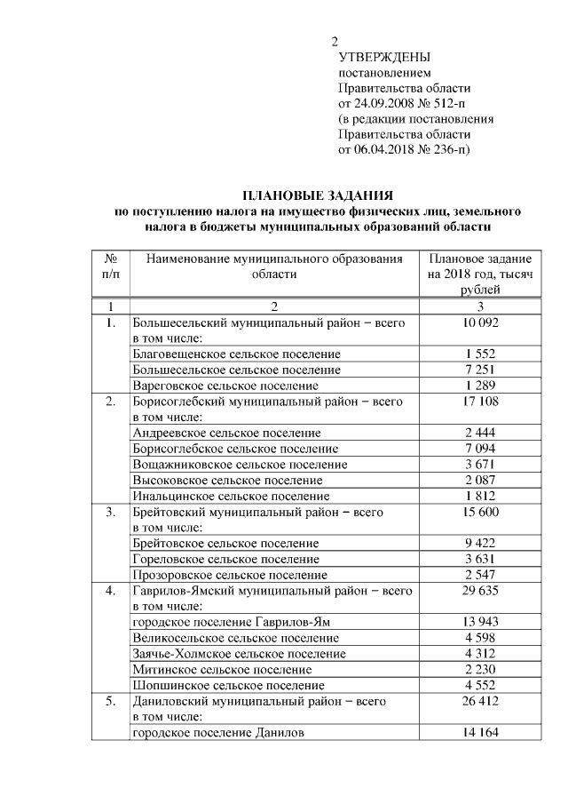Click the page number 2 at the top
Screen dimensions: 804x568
click(335, 42)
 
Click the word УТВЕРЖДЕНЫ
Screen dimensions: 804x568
click(381, 57)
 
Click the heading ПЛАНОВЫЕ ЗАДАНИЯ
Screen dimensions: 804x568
click(317, 195)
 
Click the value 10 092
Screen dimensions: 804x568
click(480, 323)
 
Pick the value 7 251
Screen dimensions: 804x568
click(480, 370)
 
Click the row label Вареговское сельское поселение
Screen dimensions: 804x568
click(225, 386)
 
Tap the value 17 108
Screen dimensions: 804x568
click(480, 402)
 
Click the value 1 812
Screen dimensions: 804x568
click(480, 496)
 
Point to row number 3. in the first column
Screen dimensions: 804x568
click(112, 512)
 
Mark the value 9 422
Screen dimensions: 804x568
click(480, 543)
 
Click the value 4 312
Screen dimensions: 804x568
click(480, 654)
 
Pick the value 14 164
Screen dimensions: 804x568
click(480, 733)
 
